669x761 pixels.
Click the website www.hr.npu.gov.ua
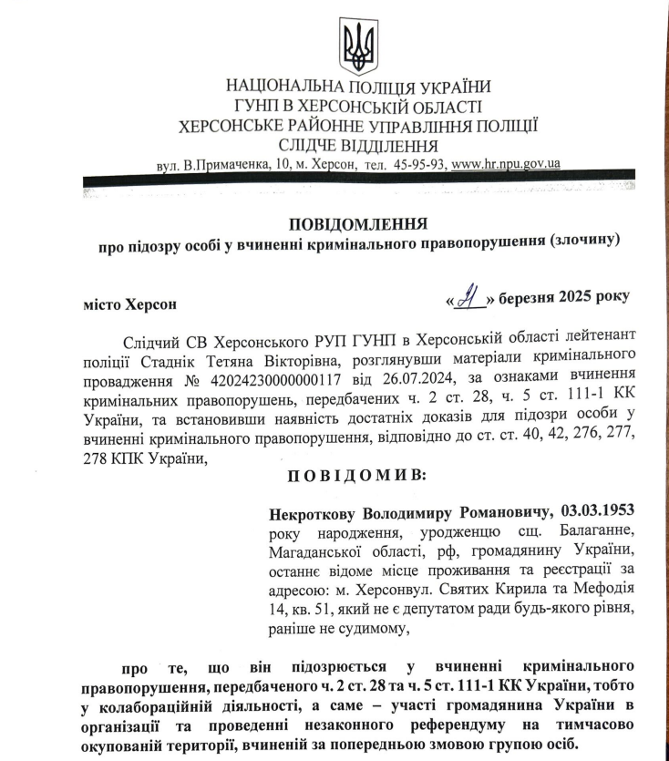click(506, 164)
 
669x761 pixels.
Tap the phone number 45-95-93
click(419, 164)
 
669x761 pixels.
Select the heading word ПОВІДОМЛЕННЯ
click(358, 223)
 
